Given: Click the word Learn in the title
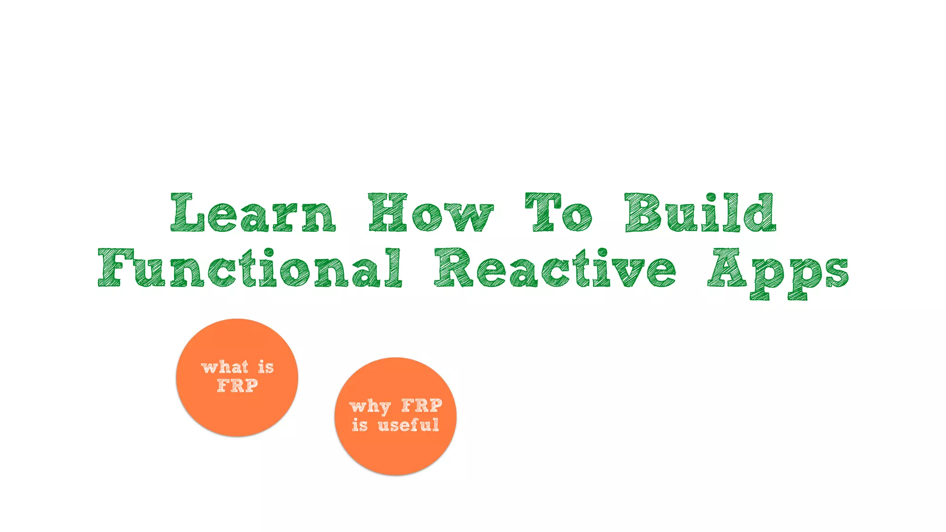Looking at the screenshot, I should [253, 213].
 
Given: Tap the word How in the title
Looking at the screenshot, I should [431, 213].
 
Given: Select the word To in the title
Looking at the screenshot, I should [558, 213].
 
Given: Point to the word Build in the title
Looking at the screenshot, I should [700, 213].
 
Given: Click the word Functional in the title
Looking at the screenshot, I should [250, 268].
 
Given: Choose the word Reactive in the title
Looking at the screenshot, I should [555, 268].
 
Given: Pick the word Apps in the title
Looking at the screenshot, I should [778, 272].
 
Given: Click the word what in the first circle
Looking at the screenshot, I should [225, 367].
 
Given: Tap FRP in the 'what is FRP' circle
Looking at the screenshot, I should [237, 386].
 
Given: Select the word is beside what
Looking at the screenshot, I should [266, 367].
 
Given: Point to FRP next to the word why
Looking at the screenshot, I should [422, 405].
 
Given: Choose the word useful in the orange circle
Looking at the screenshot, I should [408, 425].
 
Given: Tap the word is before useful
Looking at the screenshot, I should [360, 425].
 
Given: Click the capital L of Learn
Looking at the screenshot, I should [187, 213].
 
